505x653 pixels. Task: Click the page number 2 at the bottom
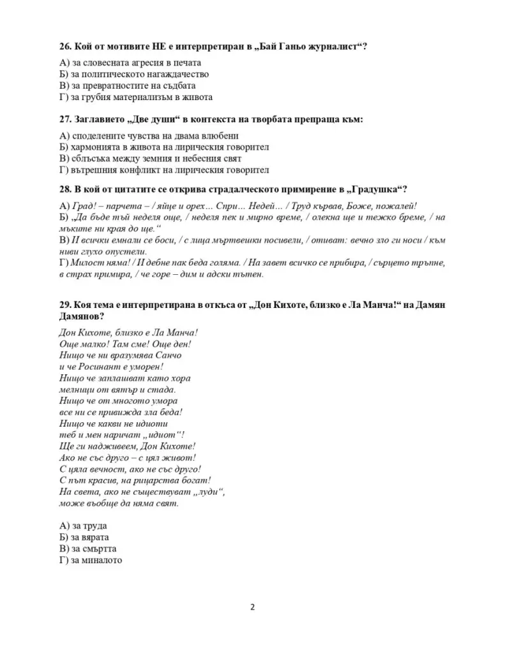click(x=252, y=606)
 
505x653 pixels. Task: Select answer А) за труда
click(x=82, y=525)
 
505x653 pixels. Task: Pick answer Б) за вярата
click(x=84, y=537)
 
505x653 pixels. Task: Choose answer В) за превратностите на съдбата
click(x=127, y=85)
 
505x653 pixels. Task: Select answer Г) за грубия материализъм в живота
click(x=135, y=97)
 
